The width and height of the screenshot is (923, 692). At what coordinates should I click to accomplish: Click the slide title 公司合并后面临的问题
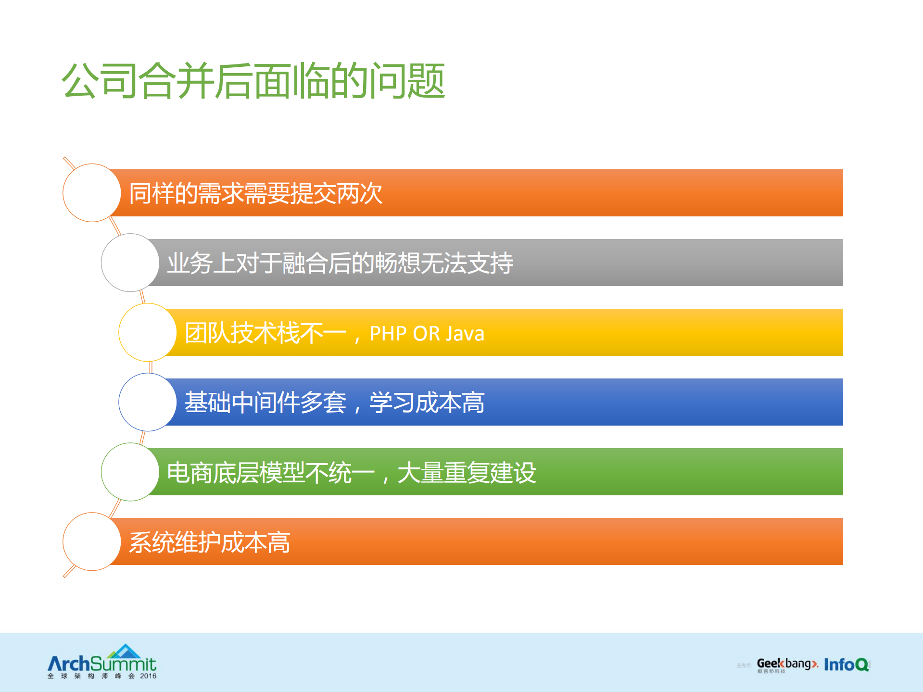click(253, 81)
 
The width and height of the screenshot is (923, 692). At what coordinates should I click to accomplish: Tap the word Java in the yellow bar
click(465, 334)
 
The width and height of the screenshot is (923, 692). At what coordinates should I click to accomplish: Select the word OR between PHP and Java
click(426, 334)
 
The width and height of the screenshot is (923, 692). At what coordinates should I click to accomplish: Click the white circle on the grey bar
click(130, 263)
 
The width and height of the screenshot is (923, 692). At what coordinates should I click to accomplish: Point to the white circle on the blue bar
click(148, 402)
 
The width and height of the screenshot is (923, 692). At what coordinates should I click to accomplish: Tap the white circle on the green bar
click(130, 472)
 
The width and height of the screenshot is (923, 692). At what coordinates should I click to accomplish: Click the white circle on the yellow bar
click(148, 332)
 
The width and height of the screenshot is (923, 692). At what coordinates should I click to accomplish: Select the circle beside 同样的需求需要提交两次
click(91, 193)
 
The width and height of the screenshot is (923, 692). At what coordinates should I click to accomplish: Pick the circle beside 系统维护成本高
click(91, 541)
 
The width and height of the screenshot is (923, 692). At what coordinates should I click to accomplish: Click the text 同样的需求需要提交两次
click(255, 194)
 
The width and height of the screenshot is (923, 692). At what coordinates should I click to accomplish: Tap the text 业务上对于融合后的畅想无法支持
click(340, 264)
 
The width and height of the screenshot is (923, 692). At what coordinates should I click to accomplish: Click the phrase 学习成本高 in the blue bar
click(427, 403)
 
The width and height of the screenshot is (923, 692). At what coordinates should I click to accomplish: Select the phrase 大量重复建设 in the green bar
click(467, 473)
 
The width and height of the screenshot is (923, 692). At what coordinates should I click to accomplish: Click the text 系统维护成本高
click(209, 542)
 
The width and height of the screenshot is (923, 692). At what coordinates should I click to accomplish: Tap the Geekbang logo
click(786, 664)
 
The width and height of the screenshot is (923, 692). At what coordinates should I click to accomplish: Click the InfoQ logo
click(846, 665)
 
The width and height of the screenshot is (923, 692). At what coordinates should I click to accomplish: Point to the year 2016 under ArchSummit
click(148, 676)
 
